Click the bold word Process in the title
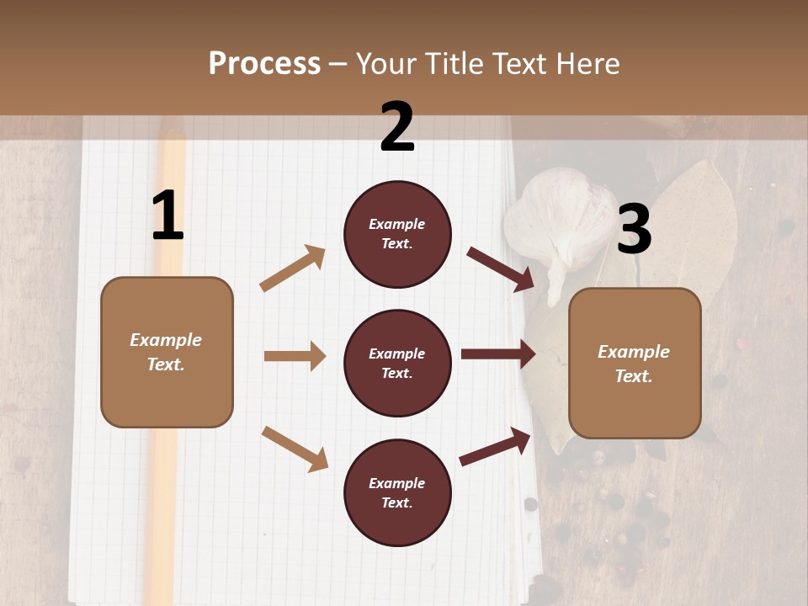(x=264, y=63)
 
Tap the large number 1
(x=167, y=216)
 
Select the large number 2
(x=397, y=127)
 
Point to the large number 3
(x=634, y=230)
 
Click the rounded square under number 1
(x=167, y=352)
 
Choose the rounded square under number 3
(x=635, y=364)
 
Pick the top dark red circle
(x=397, y=234)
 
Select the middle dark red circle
(x=397, y=363)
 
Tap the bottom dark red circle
(x=397, y=492)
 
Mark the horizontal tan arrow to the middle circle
(x=295, y=356)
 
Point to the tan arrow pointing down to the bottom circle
(x=295, y=448)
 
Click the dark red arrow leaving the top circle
(x=500, y=268)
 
